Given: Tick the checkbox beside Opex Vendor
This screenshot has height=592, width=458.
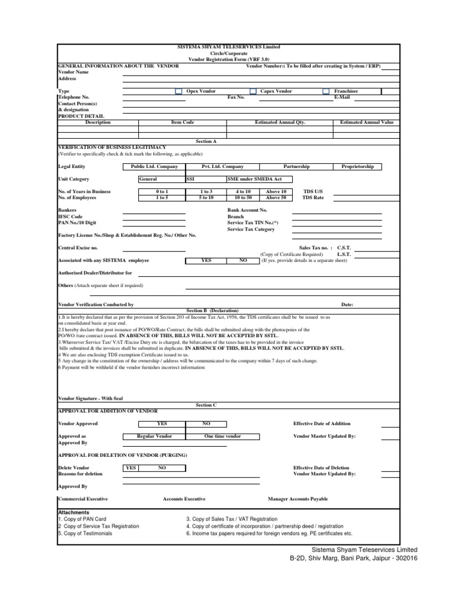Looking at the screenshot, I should tap(178, 91).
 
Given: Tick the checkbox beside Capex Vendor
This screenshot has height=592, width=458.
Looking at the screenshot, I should tap(253, 91).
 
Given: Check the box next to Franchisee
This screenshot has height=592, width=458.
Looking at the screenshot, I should tap(326, 91).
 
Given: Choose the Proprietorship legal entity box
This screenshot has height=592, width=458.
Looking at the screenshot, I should tap(357, 167).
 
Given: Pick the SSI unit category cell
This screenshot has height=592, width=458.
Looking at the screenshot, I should tap(205, 179).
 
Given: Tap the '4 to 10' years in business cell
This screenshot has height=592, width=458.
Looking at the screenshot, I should tap(243, 191).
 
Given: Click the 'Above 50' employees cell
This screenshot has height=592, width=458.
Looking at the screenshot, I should tap(276, 197).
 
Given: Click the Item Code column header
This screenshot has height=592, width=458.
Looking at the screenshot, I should tap(182, 122).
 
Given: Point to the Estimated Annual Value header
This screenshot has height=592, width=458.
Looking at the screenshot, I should tap(366, 122).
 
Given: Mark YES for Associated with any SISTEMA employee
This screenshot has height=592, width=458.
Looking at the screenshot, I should tap(206, 260).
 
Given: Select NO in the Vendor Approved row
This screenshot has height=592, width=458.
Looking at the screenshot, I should tap(206, 423).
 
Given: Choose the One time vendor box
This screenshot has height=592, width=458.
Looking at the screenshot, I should tap(222, 437).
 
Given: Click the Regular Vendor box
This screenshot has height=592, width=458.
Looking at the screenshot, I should tap(154, 437).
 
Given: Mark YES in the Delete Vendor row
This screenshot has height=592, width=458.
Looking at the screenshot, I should tap(130, 468).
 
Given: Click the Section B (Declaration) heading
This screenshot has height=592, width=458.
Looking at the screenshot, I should tap(212, 310).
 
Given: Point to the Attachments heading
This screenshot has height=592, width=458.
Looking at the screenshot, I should tap(73, 512).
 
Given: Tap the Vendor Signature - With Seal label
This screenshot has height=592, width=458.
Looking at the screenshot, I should tap(90, 398).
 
